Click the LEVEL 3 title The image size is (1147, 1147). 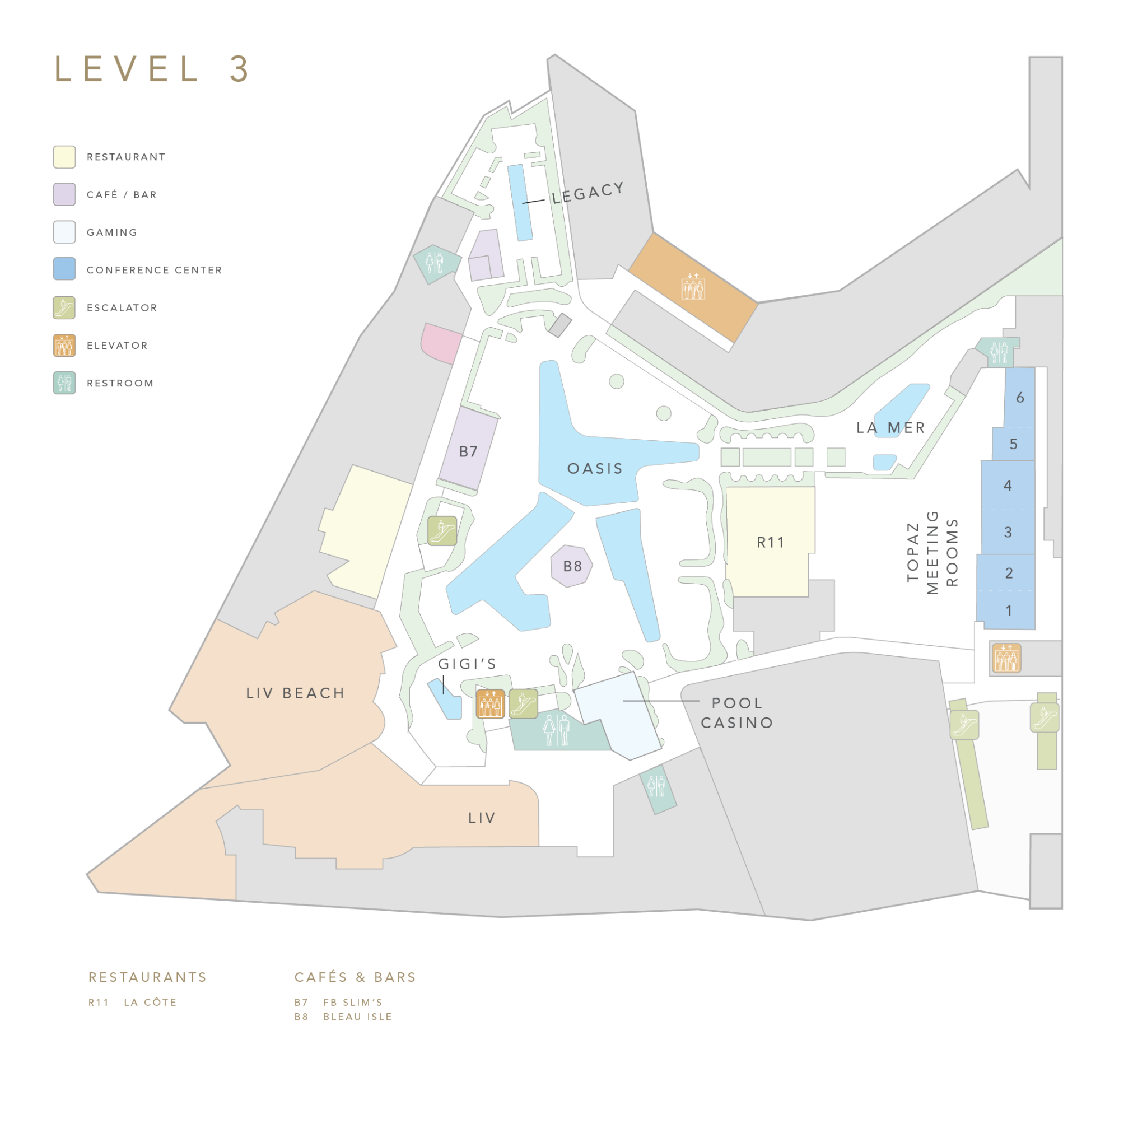152,69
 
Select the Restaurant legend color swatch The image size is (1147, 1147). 64,157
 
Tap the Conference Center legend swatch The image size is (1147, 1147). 64,269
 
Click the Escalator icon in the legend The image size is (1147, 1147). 64,307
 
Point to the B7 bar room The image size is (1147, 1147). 468,452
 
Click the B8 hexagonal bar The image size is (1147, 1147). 572,566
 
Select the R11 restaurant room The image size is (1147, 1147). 770,542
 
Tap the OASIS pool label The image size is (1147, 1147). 595,468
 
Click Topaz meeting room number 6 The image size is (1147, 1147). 1020,397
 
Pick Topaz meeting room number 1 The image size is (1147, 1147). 1008,610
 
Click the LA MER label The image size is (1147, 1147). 890,427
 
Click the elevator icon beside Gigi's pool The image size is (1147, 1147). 490,704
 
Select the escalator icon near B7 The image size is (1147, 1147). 442,530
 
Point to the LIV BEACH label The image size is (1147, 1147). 296,693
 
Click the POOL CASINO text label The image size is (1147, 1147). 737,712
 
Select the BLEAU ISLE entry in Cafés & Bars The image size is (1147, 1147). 357,1017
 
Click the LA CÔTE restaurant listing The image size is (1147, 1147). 150,1002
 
